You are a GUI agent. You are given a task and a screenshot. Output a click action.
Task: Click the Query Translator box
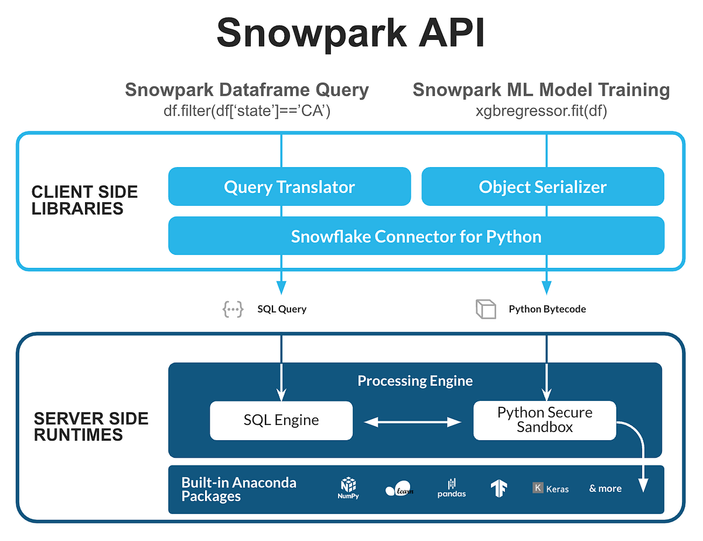coord(289,187)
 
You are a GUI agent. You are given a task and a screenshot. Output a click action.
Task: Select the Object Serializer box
coord(542,187)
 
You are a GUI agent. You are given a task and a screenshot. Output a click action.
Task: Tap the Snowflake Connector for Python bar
coord(416,236)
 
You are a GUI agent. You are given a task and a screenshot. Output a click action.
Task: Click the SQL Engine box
coord(281,420)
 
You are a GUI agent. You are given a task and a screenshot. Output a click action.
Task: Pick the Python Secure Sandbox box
coord(544,420)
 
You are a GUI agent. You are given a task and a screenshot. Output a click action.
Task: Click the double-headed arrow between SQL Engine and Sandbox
coord(412,421)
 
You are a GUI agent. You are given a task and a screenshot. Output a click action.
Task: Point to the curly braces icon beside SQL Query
coord(233,309)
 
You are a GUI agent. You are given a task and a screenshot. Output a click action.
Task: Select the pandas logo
coord(451,488)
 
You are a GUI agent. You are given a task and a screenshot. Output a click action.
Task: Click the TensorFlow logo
coord(499,488)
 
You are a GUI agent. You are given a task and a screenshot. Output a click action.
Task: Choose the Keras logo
coord(550,488)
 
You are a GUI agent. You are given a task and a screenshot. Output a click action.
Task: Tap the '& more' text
coord(605,488)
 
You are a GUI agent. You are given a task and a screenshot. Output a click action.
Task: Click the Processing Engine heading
coord(415,381)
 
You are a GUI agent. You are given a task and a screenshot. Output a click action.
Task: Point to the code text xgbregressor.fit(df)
coord(541,111)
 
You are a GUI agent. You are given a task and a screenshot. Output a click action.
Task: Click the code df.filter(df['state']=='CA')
coord(247,111)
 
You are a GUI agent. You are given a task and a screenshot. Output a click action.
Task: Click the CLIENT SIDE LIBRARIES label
coord(84,200)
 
